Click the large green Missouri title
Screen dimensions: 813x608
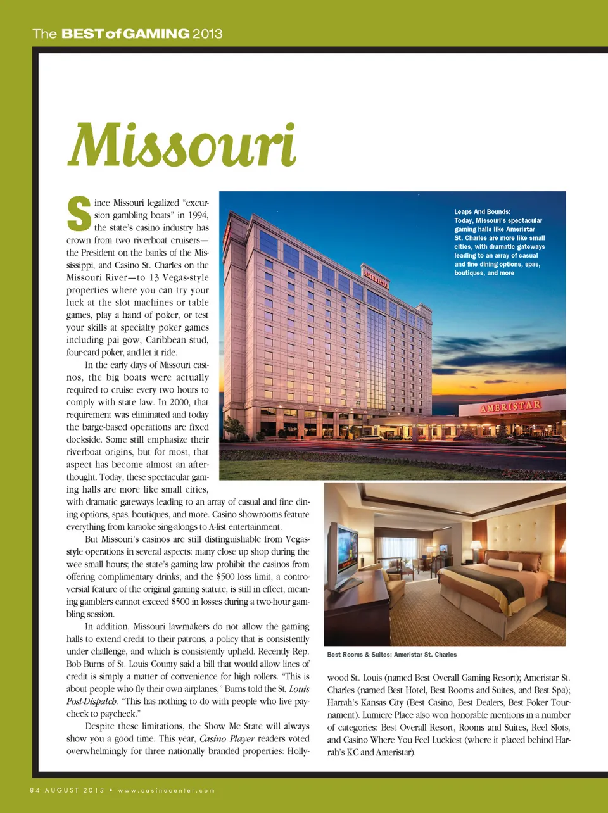click(x=182, y=145)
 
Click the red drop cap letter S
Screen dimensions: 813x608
click(x=79, y=215)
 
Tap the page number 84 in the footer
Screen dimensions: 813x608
click(x=35, y=790)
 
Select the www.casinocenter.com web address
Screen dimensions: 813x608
click(x=167, y=790)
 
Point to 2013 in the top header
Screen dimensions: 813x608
click(x=207, y=34)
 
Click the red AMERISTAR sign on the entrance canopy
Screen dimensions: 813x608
click(x=510, y=406)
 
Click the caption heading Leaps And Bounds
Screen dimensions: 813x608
click(x=482, y=212)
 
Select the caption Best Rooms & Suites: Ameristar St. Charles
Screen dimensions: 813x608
click(x=391, y=655)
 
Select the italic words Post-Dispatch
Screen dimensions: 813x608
click(x=92, y=702)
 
